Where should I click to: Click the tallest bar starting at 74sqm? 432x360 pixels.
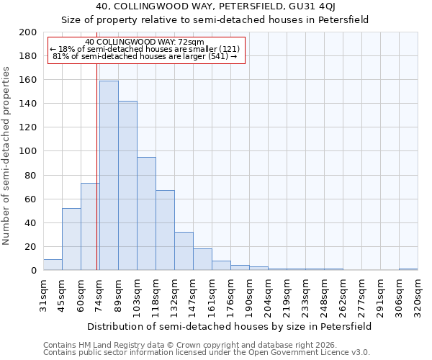(x=109, y=176)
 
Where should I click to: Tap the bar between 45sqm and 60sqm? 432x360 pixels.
(x=71, y=239)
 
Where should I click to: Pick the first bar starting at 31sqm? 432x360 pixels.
(x=53, y=265)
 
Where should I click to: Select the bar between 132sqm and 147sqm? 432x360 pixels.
(x=184, y=251)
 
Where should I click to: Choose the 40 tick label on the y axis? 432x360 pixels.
(x=30, y=222)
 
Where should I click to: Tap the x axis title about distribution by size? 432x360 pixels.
(x=230, y=326)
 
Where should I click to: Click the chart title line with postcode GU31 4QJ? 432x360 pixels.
(x=215, y=7)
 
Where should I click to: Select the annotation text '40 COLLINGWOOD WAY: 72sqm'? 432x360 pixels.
(x=144, y=42)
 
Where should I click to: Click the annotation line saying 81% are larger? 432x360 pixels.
(x=145, y=56)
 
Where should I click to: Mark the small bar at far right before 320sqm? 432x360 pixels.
(x=408, y=269)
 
